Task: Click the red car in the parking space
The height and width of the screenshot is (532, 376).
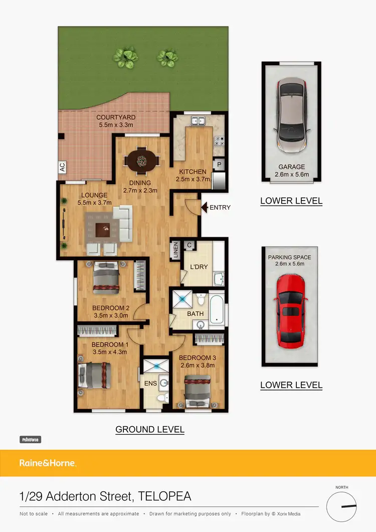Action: (291, 311)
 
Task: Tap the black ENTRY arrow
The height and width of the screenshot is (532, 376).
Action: (204, 207)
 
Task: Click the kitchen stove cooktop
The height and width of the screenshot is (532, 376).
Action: (219, 141)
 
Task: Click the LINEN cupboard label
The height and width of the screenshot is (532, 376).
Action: (176, 250)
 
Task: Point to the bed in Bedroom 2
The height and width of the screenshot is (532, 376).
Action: (107, 278)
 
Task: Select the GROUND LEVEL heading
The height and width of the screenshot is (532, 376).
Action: (150, 430)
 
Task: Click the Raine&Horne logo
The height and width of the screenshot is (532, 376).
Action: (48, 463)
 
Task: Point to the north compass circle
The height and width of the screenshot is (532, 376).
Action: (341, 506)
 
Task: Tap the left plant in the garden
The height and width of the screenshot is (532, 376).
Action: (124, 58)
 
